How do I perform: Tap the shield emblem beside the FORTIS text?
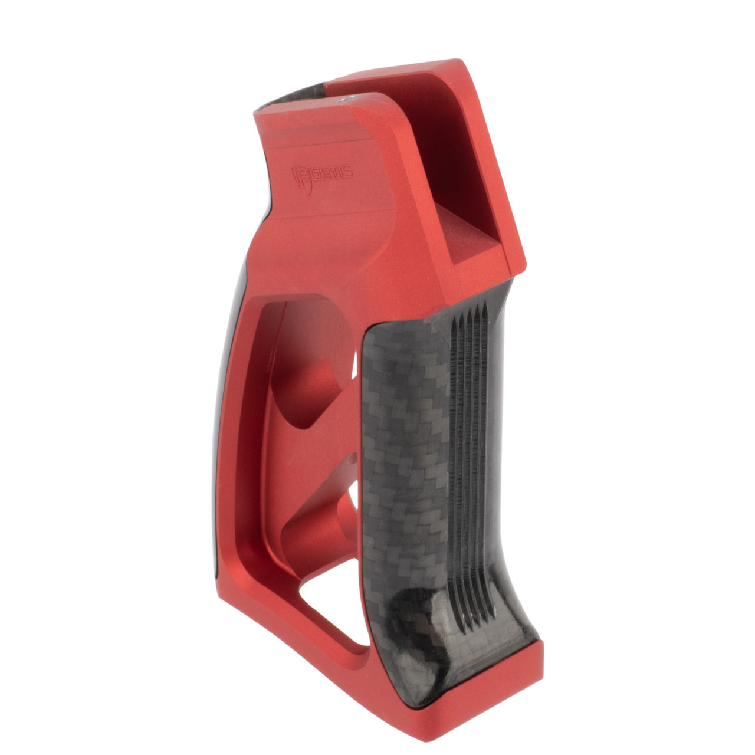[x=301, y=177]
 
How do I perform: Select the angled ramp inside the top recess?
[x=472, y=239]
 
